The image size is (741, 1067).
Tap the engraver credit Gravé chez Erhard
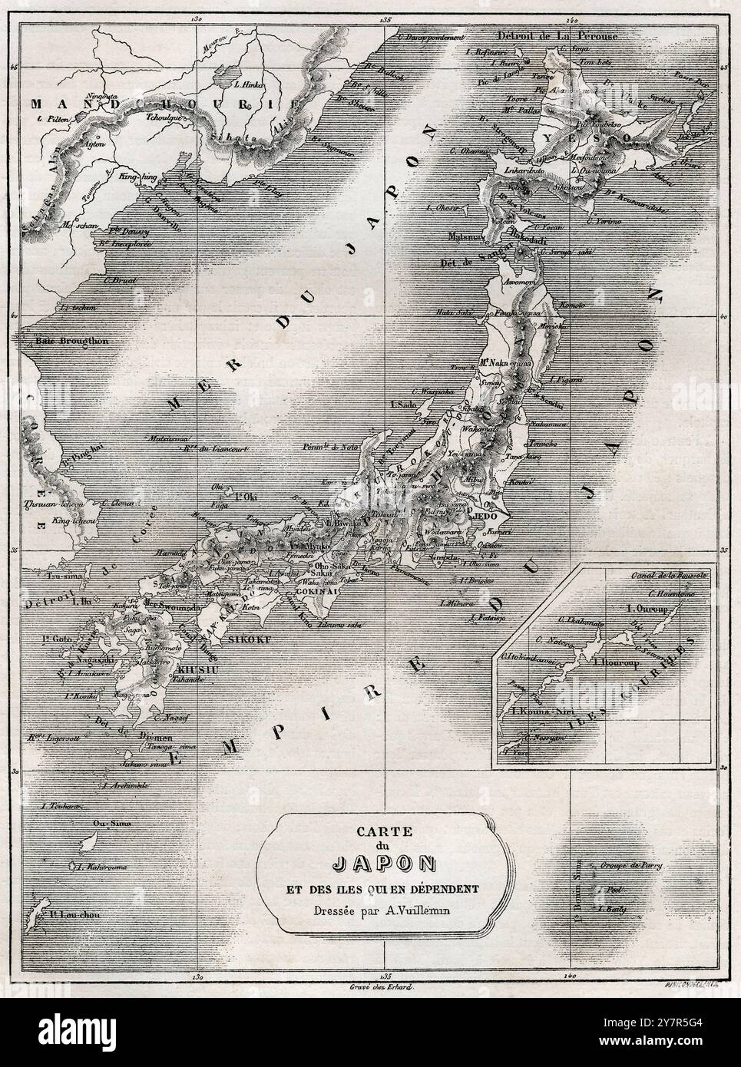(x=382, y=988)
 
